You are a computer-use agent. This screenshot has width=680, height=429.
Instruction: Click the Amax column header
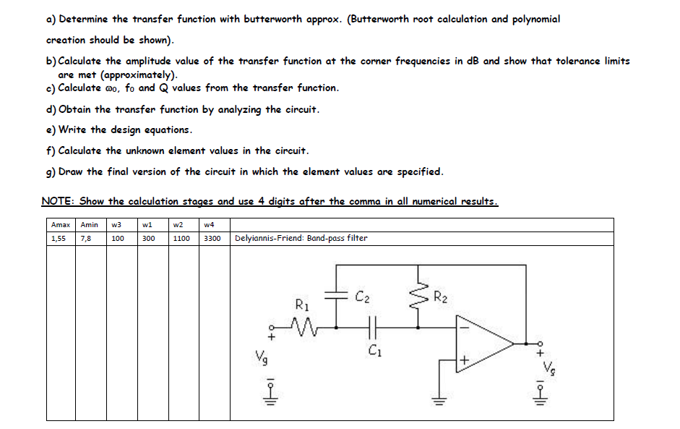click(60, 225)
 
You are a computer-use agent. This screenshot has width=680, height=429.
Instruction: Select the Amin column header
click(90, 225)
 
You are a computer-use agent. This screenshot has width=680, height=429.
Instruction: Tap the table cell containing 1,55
click(59, 238)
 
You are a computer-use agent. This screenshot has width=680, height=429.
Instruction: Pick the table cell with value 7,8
click(86, 238)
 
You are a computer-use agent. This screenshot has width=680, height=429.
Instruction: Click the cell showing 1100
click(181, 238)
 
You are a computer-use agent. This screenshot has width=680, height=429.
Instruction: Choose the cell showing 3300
click(212, 238)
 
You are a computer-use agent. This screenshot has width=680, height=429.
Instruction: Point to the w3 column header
click(117, 225)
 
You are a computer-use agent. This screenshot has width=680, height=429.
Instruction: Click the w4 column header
click(209, 225)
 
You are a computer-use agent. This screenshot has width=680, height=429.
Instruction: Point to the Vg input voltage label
click(259, 357)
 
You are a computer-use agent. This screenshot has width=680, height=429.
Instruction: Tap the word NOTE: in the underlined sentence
click(58, 201)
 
